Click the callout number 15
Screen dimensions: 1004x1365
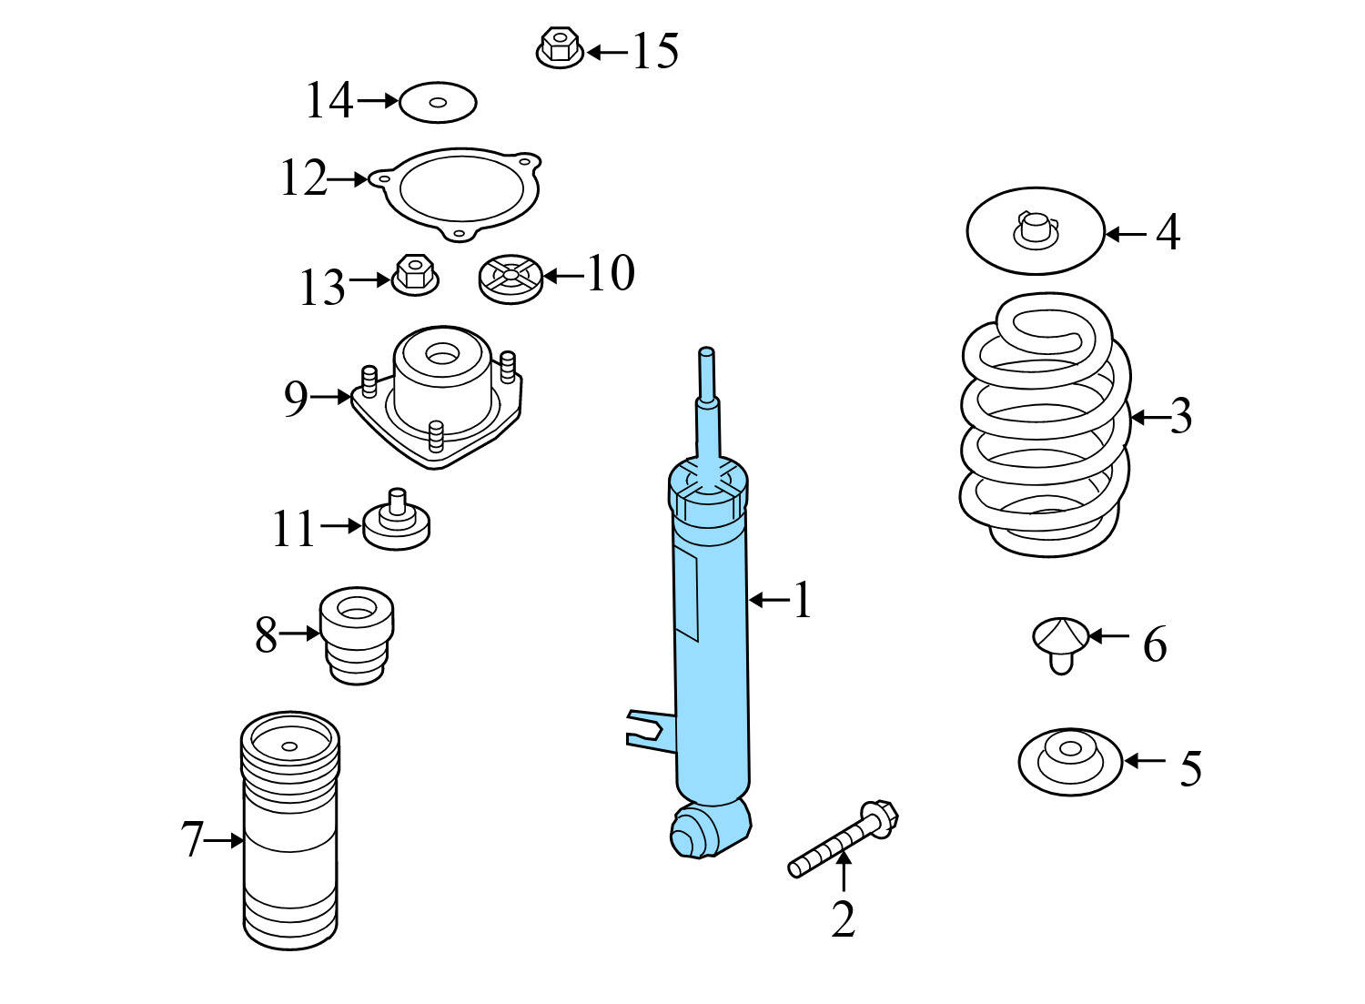[x=655, y=51]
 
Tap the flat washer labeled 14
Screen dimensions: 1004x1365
[x=438, y=102]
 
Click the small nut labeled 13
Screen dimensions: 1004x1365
[x=415, y=274]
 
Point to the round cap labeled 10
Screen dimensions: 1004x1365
[x=511, y=278]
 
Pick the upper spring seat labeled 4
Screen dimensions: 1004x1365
[x=1035, y=231]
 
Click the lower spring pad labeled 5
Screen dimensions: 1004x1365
[x=1069, y=760]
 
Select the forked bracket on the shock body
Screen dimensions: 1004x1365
[x=647, y=728]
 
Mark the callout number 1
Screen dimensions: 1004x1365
[x=801, y=601]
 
